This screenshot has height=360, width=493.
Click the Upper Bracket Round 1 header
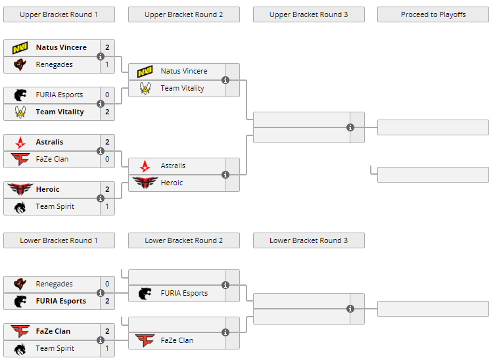[x=59, y=14]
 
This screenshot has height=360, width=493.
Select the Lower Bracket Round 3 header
[x=308, y=240]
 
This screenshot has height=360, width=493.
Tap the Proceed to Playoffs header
[x=433, y=14]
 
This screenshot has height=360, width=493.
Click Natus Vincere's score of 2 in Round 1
[x=107, y=47]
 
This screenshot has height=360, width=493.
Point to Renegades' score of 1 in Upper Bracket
[x=107, y=64]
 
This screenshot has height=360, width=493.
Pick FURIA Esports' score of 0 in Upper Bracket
[x=107, y=95]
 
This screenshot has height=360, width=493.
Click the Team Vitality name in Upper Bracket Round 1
[x=60, y=112]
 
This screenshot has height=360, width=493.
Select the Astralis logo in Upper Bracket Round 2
[x=145, y=166]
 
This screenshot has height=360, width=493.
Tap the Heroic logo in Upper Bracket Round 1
[x=20, y=189]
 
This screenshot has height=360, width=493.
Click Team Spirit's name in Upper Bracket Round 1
[x=55, y=206]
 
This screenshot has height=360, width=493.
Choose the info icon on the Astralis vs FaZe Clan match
[x=101, y=151]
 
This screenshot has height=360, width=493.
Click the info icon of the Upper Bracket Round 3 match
[x=350, y=127]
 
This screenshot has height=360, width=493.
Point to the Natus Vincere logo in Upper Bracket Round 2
[x=145, y=71]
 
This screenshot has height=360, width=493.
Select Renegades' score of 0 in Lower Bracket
[x=107, y=284]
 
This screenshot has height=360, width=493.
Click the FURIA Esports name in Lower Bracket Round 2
[x=184, y=293]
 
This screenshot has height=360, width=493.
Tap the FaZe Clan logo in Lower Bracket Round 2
[x=145, y=340]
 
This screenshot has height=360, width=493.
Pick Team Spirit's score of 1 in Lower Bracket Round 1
[x=107, y=348]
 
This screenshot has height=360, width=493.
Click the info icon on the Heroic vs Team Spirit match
[x=101, y=198]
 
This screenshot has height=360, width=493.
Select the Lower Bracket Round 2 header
[x=183, y=240]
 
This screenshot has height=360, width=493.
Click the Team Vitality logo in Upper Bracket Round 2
[x=145, y=88]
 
